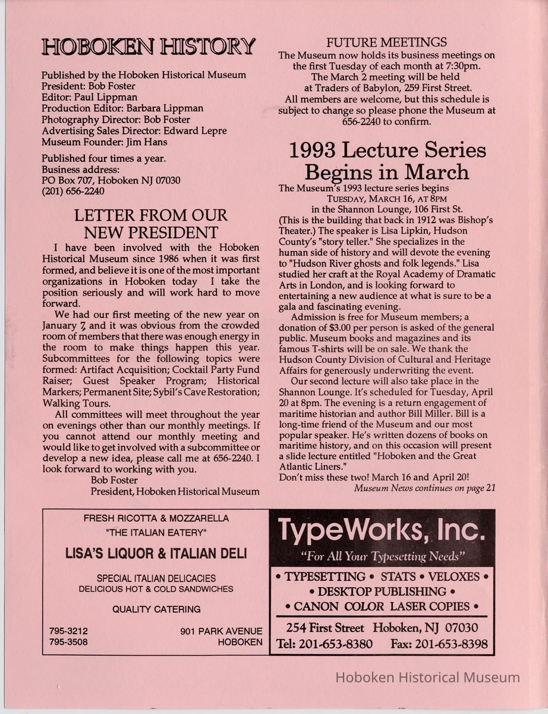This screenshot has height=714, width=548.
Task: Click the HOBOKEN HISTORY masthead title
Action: [x=148, y=46]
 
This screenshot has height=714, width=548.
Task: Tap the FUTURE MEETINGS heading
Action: [x=386, y=42]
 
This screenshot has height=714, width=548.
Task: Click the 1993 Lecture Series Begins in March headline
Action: [x=387, y=161]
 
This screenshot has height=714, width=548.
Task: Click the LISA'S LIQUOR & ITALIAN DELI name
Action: [x=156, y=554]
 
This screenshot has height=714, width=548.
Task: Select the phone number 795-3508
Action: [x=69, y=642]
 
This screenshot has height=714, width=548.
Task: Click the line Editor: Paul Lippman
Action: [x=89, y=98]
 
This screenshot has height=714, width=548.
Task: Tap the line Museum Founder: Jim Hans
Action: [x=104, y=142]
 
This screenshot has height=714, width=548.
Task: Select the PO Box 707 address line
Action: [x=111, y=180]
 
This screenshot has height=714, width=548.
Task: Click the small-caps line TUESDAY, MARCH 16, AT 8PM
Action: [x=387, y=199]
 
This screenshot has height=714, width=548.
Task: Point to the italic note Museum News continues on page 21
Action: [x=424, y=488]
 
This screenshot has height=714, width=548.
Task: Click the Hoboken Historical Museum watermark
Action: [x=428, y=677]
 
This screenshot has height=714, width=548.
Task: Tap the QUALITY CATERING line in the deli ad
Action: [x=156, y=609]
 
